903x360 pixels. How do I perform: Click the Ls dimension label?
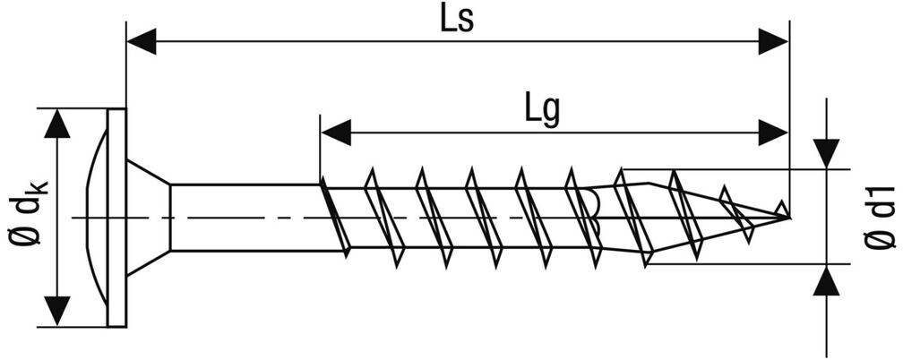pyautogui.click(x=456, y=20)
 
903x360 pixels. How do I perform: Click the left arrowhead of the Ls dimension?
pyautogui.click(x=142, y=41)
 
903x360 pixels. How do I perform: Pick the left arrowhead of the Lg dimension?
pyautogui.click(x=335, y=133)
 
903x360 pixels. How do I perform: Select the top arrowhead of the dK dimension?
pyautogui.click(x=59, y=124)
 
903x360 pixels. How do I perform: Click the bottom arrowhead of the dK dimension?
pyautogui.click(x=59, y=310)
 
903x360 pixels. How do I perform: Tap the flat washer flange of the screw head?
pyautogui.click(x=116, y=218)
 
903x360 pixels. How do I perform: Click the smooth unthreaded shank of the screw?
pyautogui.click(x=242, y=218)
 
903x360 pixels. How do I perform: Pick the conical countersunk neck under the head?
pyautogui.click(x=148, y=218)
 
